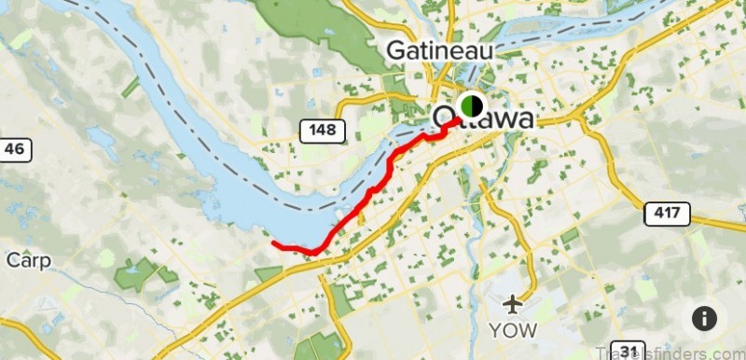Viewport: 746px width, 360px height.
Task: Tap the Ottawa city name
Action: pyautogui.click(x=485, y=119)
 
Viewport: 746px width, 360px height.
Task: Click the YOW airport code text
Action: pyautogui.click(x=513, y=330)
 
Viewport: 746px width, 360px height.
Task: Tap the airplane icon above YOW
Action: pyautogui.click(x=512, y=304)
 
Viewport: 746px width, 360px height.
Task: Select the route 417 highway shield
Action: pyautogui.click(x=667, y=213)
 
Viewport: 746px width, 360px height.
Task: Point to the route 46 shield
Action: pyautogui.click(x=13, y=147)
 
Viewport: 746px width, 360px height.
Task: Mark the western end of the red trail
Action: pyautogui.click(x=273, y=244)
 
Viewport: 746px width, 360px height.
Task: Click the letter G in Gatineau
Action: pyautogui.click(x=398, y=48)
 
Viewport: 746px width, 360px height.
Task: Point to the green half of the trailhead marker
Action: pyautogui.click(x=466, y=104)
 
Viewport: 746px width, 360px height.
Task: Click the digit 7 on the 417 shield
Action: pyautogui.click(x=677, y=213)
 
